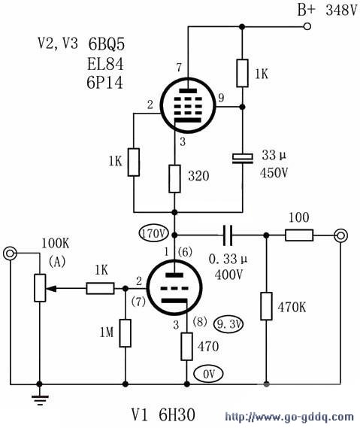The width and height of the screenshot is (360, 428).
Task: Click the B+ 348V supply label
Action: click(x=327, y=11)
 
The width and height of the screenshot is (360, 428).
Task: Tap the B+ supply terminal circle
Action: click(x=307, y=26)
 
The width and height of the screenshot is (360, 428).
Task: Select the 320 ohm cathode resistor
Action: click(x=174, y=179)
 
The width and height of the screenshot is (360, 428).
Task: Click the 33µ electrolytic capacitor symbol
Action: click(x=243, y=159)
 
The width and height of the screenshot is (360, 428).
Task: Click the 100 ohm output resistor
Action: click(x=299, y=235)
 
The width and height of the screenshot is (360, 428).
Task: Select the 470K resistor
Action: click(x=266, y=306)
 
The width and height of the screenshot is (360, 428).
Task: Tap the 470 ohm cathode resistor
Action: click(x=187, y=346)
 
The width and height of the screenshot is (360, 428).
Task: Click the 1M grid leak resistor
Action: click(x=126, y=333)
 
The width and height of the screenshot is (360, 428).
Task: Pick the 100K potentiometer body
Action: click(x=40, y=288)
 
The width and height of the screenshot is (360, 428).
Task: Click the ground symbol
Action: click(x=40, y=399)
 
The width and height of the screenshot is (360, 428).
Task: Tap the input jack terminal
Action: click(x=10, y=253)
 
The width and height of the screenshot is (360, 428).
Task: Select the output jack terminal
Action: click(x=340, y=235)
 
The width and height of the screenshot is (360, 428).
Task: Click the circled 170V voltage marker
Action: click(x=153, y=233)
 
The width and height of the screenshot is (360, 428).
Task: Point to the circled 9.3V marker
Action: click(x=228, y=324)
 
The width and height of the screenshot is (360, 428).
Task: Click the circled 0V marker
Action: click(x=209, y=374)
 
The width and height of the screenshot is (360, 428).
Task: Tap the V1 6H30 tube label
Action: click(x=163, y=415)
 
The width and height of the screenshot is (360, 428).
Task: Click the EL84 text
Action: click(x=105, y=64)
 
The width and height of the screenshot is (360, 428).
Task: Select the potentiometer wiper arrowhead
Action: click(x=52, y=288)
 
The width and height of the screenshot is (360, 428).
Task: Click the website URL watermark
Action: click(x=289, y=417)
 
